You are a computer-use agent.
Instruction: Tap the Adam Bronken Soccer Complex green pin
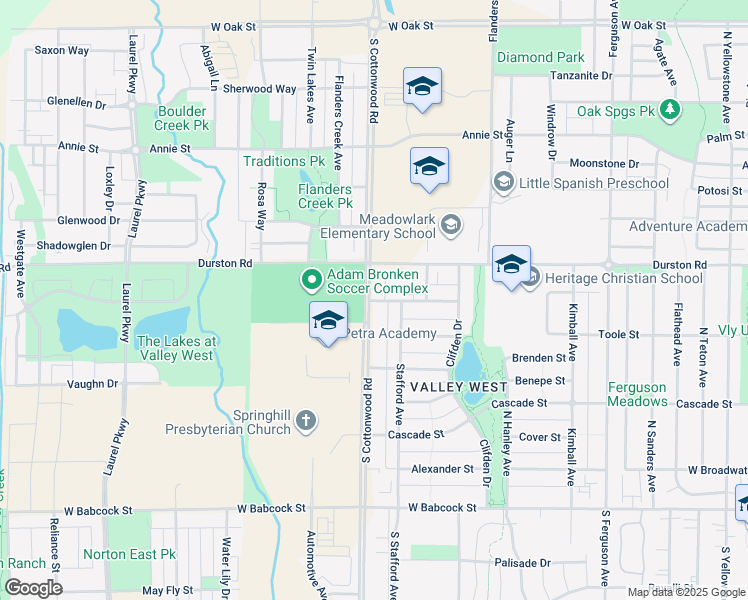[x=311, y=279]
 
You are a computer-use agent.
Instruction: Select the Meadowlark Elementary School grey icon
[x=452, y=224]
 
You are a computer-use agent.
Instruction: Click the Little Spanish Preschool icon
[x=502, y=182]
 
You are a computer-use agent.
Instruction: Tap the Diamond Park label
[x=540, y=58]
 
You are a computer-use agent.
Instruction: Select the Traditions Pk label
[x=285, y=161]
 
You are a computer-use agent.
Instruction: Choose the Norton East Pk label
[x=143, y=554]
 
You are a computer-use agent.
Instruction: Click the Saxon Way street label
[x=61, y=49]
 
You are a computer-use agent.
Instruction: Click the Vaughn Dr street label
[x=92, y=383]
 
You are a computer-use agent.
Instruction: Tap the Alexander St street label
[x=442, y=468]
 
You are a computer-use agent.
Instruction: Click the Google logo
[x=33, y=588]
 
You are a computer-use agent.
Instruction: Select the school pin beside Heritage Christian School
[x=511, y=266]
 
